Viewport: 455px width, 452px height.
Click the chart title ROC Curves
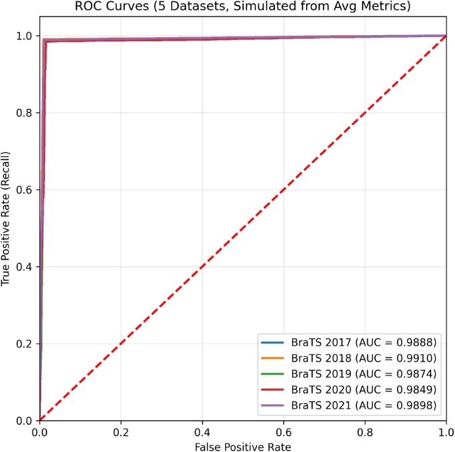click(x=243, y=7)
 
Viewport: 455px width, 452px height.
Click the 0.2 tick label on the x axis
click(x=121, y=431)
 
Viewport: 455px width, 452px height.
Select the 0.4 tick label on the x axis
click(x=203, y=431)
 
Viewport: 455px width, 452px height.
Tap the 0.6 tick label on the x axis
click(x=284, y=431)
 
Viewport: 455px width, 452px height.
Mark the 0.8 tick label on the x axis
click(x=365, y=431)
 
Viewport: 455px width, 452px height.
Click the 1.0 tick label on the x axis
click(x=446, y=431)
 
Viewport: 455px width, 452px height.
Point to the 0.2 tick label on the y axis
click(x=25, y=344)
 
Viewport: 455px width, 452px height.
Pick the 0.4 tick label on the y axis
click(x=25, y=267)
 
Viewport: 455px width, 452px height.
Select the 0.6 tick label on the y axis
click(x=25, y=189)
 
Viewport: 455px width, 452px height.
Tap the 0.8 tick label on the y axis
click(x=25, y=113)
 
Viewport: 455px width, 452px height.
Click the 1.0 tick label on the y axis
click(x=25, y=36)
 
